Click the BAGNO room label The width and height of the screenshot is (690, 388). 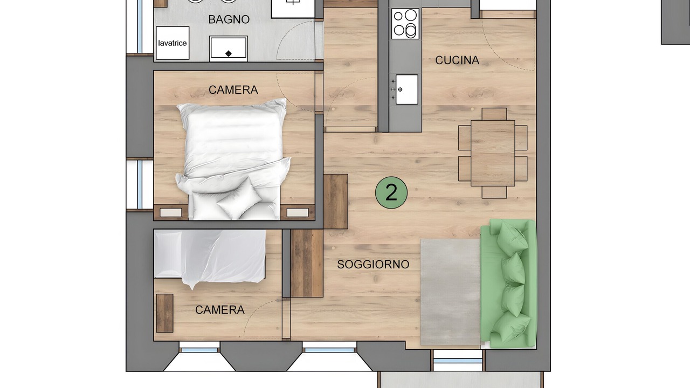[229, 19]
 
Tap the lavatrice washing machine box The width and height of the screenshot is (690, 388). [172, 43]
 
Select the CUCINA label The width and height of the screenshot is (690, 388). [457, 60]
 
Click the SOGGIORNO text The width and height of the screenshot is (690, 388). [373, 264]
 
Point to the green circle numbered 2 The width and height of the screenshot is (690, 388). [391, 192]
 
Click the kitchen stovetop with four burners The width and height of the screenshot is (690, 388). [405, 24]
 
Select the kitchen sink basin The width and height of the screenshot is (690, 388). [407, 89]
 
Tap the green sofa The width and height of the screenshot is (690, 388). [508, 283]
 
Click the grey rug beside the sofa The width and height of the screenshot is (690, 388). [450, 292]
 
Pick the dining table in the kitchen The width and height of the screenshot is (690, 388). [493, 153]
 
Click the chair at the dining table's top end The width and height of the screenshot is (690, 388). [494, 114]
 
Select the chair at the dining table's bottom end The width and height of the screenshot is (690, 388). [494, 192]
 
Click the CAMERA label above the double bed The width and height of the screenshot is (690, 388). [233, 90]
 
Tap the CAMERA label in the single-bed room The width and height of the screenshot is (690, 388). [220, 310]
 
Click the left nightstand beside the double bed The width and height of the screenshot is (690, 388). [171, 212]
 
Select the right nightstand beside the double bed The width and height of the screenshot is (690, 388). [298, 212]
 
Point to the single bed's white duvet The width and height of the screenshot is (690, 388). [210, 257]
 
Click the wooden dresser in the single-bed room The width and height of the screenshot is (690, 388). [165, 313]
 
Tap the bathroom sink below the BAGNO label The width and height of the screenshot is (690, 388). [228, 48]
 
